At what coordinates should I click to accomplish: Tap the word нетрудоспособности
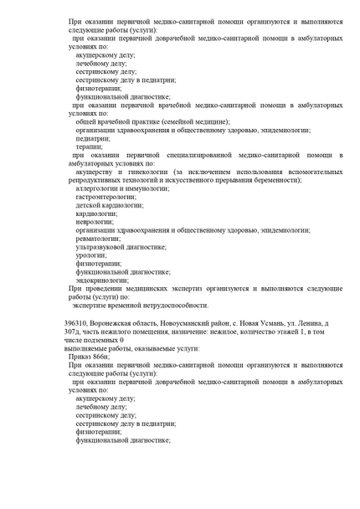click(x=170, y=305)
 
